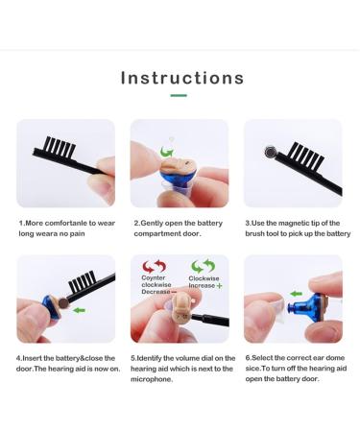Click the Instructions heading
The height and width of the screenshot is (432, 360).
pos(182,78)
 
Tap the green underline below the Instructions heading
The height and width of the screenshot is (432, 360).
pos(179,95)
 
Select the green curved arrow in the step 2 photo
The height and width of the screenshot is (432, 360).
pos(167,151)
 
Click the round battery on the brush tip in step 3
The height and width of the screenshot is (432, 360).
pos(271,152)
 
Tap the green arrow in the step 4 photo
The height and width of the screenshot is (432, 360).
pos(79,310)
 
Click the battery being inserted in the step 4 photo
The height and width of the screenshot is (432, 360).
pos(63,303)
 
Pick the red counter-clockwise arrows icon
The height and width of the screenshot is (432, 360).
pos(154,266)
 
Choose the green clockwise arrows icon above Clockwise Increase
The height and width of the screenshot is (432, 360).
pos(203,266)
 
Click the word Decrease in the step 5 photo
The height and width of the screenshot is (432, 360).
pos(156,292)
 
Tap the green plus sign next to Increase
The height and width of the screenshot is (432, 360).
pos(219,285)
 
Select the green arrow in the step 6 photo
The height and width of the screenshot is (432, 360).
pos(296,294)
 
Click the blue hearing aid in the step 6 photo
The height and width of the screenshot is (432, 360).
pos(306,307)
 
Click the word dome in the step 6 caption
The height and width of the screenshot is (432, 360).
pos(335,358)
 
